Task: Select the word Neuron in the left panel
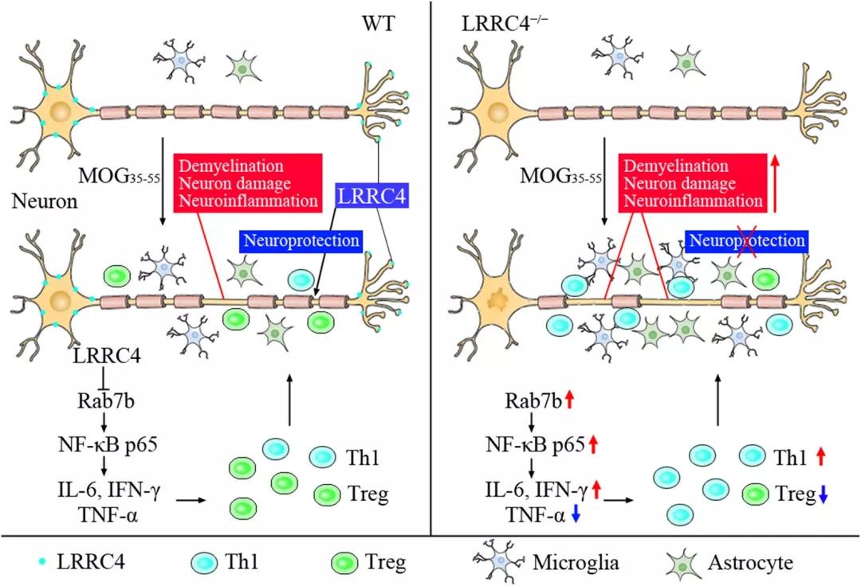pos(45,202)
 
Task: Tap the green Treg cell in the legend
pos(344,562)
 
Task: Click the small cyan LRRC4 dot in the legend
pos(41,562)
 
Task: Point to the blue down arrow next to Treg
pos(824,494)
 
